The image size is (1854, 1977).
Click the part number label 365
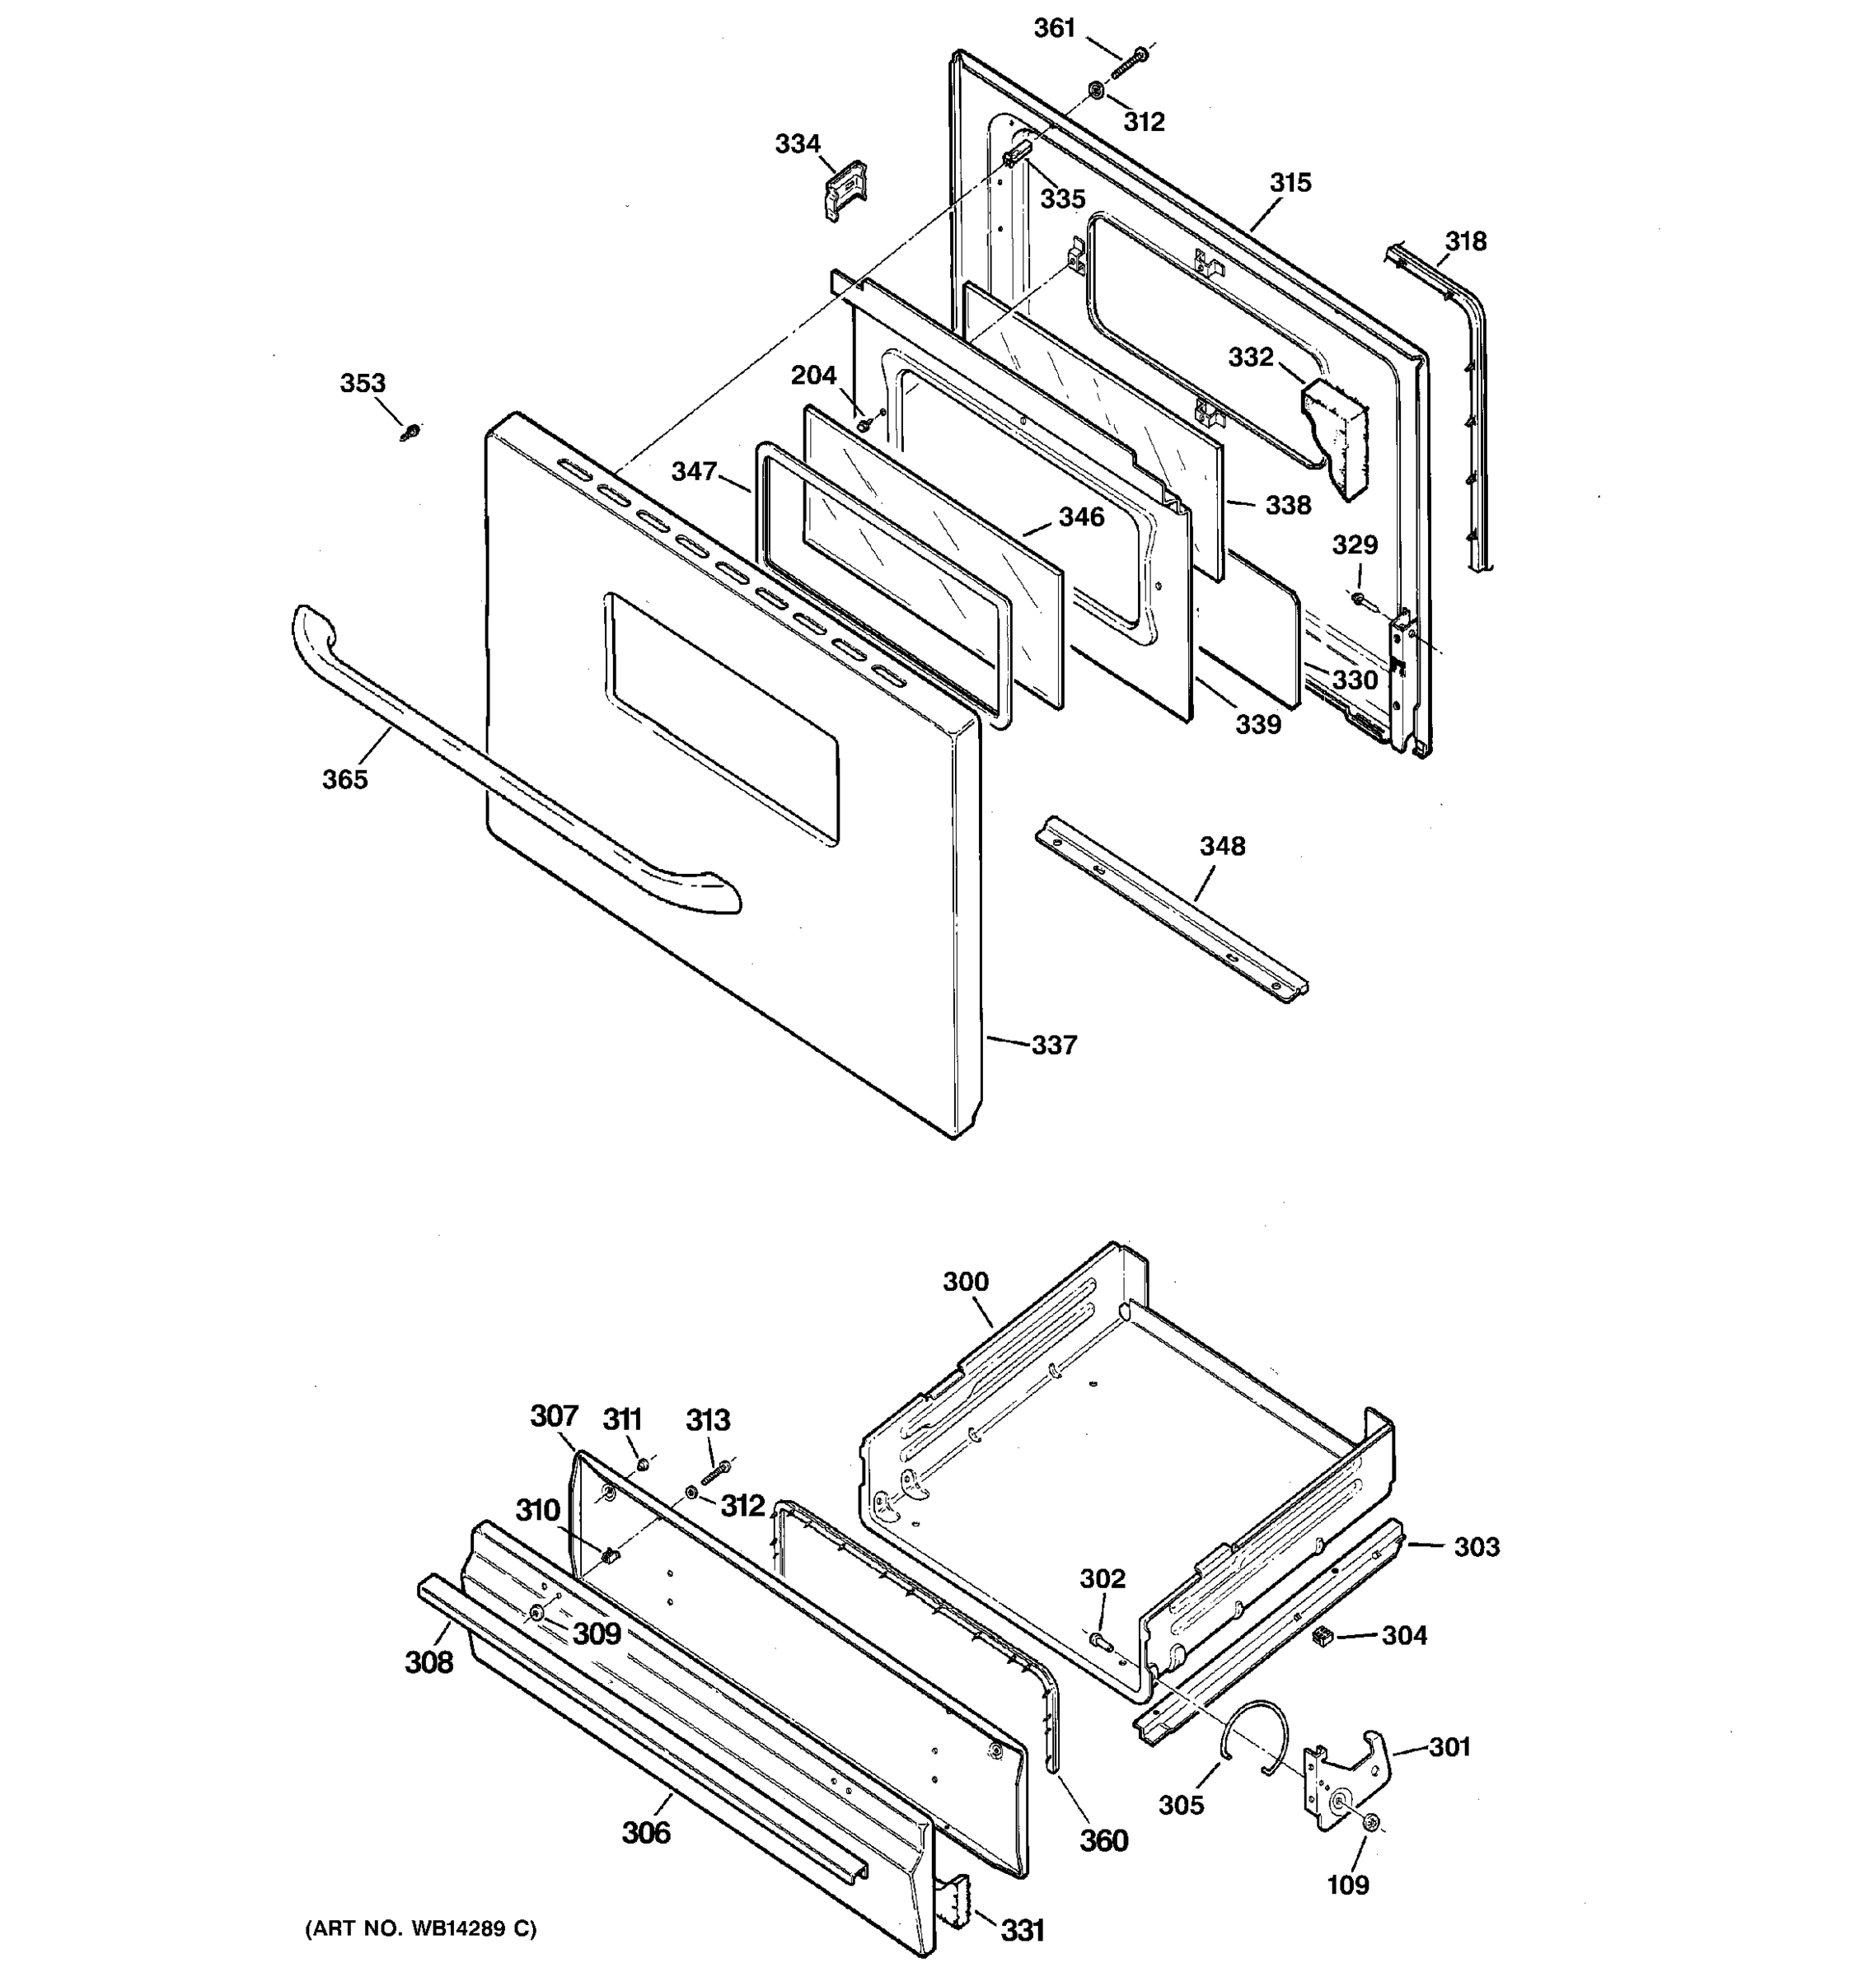click(x=344, y=778)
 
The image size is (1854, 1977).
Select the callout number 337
click(x=1053, y=1045)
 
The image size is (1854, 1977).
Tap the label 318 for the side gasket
click(x=1465, y=241)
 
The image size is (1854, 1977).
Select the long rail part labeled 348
click(x=1173, y=906)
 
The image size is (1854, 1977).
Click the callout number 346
click(x=1081, y=516)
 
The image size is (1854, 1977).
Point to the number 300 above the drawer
click(x=965, y=1281)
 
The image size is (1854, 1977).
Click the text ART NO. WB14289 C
click(x=419, y=1928)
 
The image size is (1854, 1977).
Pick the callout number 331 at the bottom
click(x=1022, y=1930)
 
